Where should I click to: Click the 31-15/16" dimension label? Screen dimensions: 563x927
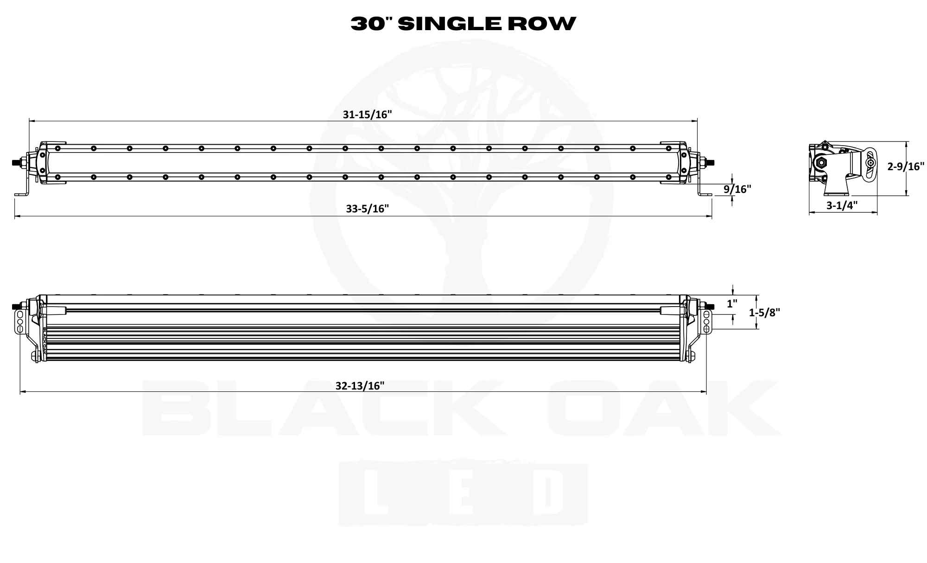368,115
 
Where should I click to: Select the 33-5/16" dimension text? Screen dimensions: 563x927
367,209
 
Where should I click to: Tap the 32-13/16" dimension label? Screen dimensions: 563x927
360,386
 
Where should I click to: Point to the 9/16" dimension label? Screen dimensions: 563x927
737,189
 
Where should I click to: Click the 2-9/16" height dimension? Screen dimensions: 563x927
906,166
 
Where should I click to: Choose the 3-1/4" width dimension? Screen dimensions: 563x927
842,205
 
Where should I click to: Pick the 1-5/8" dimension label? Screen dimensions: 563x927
764,313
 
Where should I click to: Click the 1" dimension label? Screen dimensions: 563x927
732,304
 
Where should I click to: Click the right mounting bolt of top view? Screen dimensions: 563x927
709,162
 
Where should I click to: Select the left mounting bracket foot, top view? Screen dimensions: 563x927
21,194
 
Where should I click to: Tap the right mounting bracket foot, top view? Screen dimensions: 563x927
705,194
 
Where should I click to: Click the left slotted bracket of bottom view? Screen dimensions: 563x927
19,321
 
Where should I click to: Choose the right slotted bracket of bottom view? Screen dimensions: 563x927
706,321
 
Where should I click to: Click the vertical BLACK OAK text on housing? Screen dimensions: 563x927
45,343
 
